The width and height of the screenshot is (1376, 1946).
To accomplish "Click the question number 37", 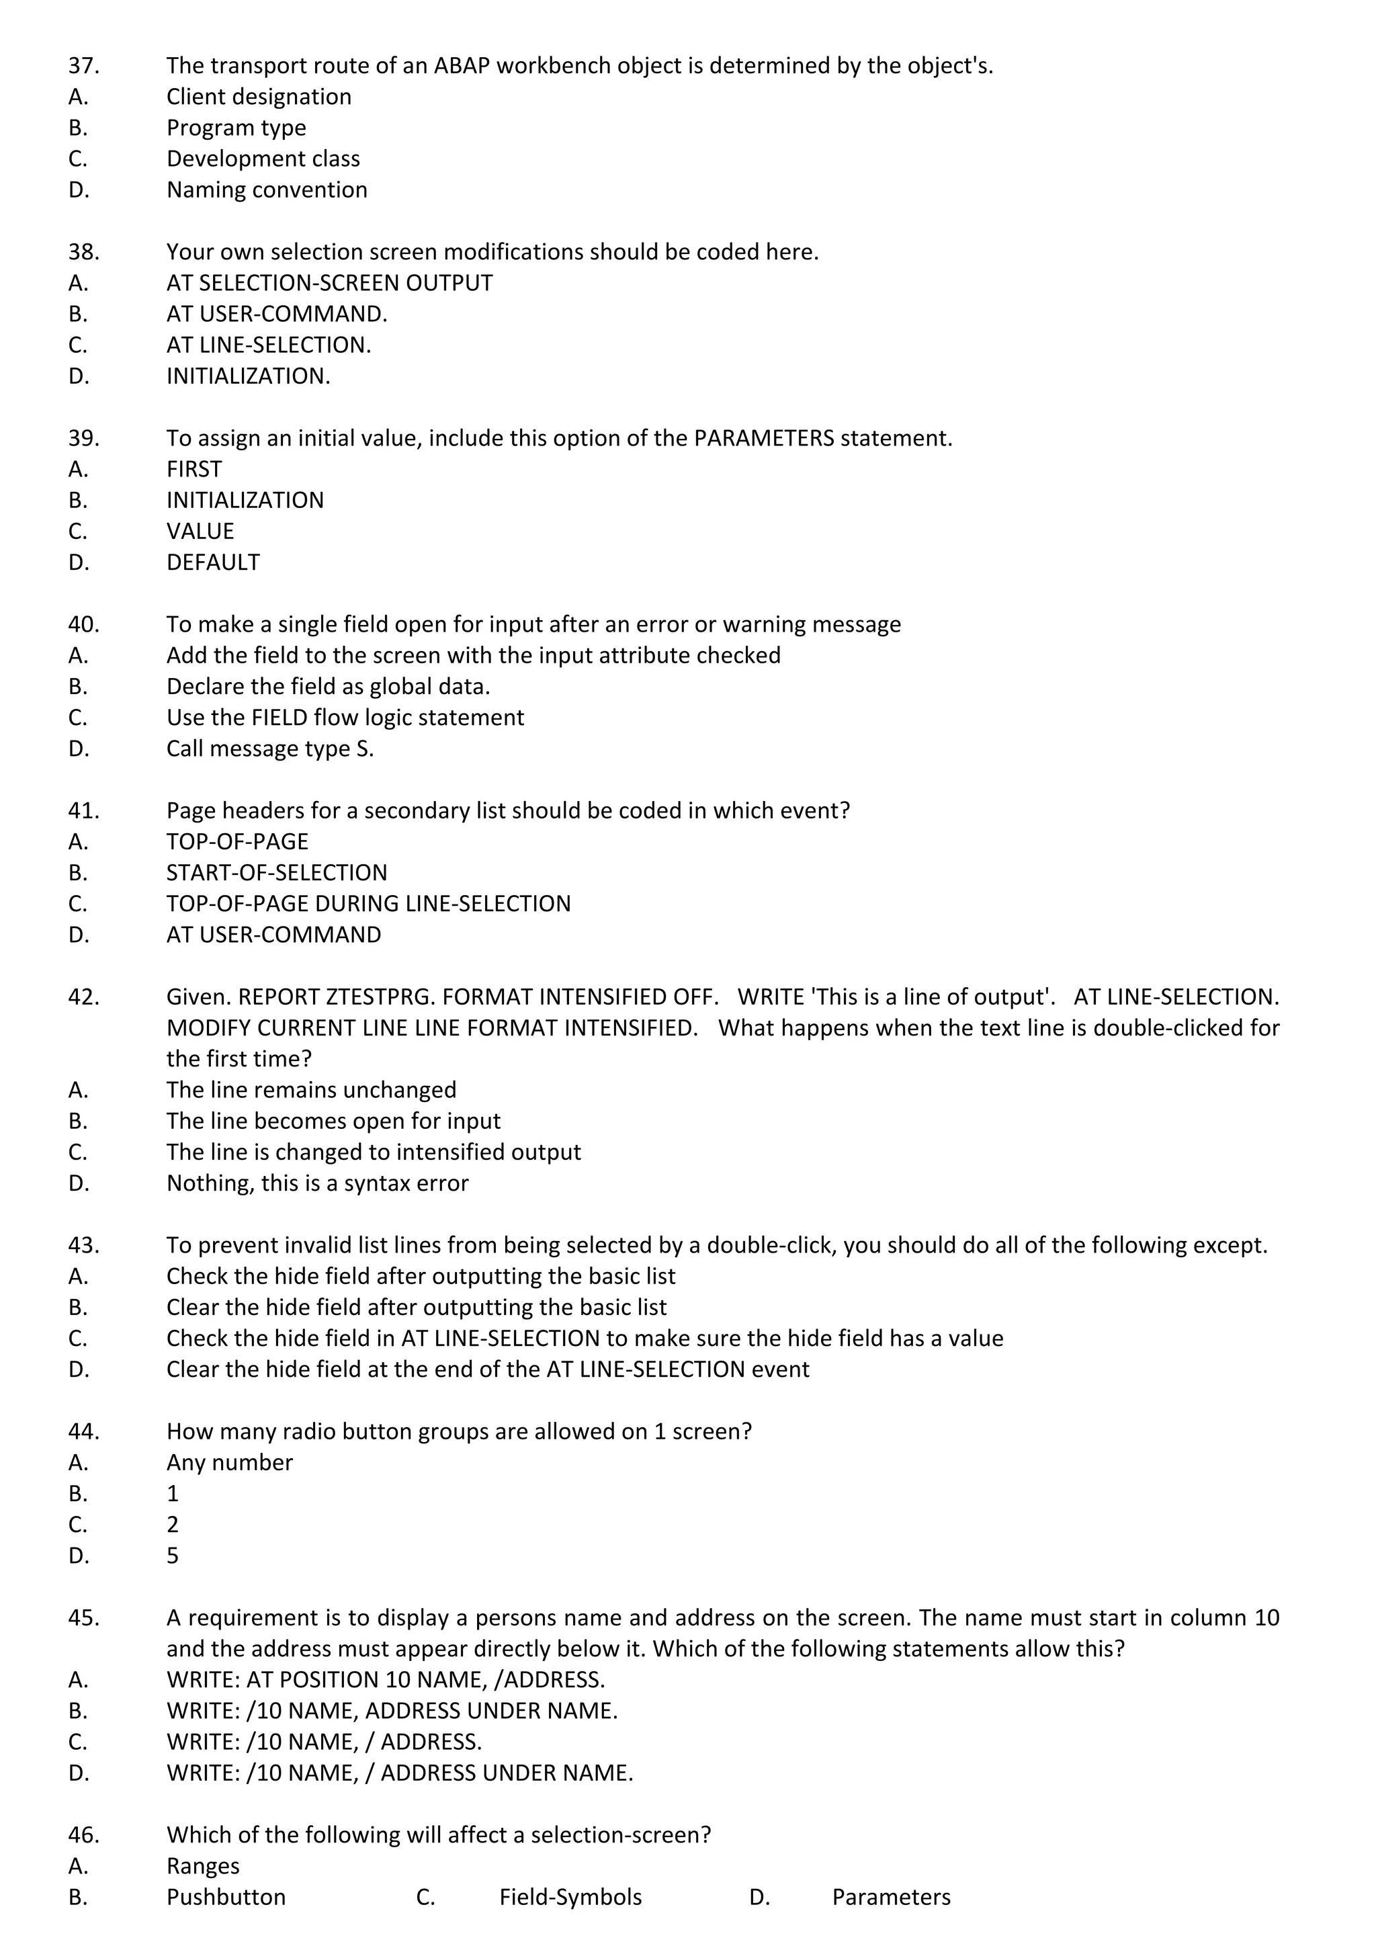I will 83,65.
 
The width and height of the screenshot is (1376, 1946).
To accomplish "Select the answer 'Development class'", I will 263,159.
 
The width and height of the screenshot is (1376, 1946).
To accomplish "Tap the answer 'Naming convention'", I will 267,190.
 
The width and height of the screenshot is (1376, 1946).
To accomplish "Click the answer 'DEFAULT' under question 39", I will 213,563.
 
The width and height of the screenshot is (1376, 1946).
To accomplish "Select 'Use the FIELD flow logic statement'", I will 345,718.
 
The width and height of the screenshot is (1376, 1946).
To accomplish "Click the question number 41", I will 83,811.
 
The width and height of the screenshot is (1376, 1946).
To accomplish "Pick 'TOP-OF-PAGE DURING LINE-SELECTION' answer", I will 369,904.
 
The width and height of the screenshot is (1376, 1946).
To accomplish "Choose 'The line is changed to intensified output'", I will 374,1152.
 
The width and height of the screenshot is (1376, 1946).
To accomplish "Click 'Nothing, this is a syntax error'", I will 317,1183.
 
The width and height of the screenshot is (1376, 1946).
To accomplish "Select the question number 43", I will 83,1245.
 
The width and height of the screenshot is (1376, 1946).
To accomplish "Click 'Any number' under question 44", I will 230,1462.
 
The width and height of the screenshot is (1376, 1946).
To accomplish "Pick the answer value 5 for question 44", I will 173,1556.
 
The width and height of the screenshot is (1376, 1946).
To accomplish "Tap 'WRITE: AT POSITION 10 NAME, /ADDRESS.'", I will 386,1680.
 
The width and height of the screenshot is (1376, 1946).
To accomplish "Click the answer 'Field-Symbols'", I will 570,1897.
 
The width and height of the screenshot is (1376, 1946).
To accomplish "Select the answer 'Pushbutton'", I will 226,1897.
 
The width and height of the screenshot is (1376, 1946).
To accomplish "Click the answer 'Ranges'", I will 204,1865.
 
